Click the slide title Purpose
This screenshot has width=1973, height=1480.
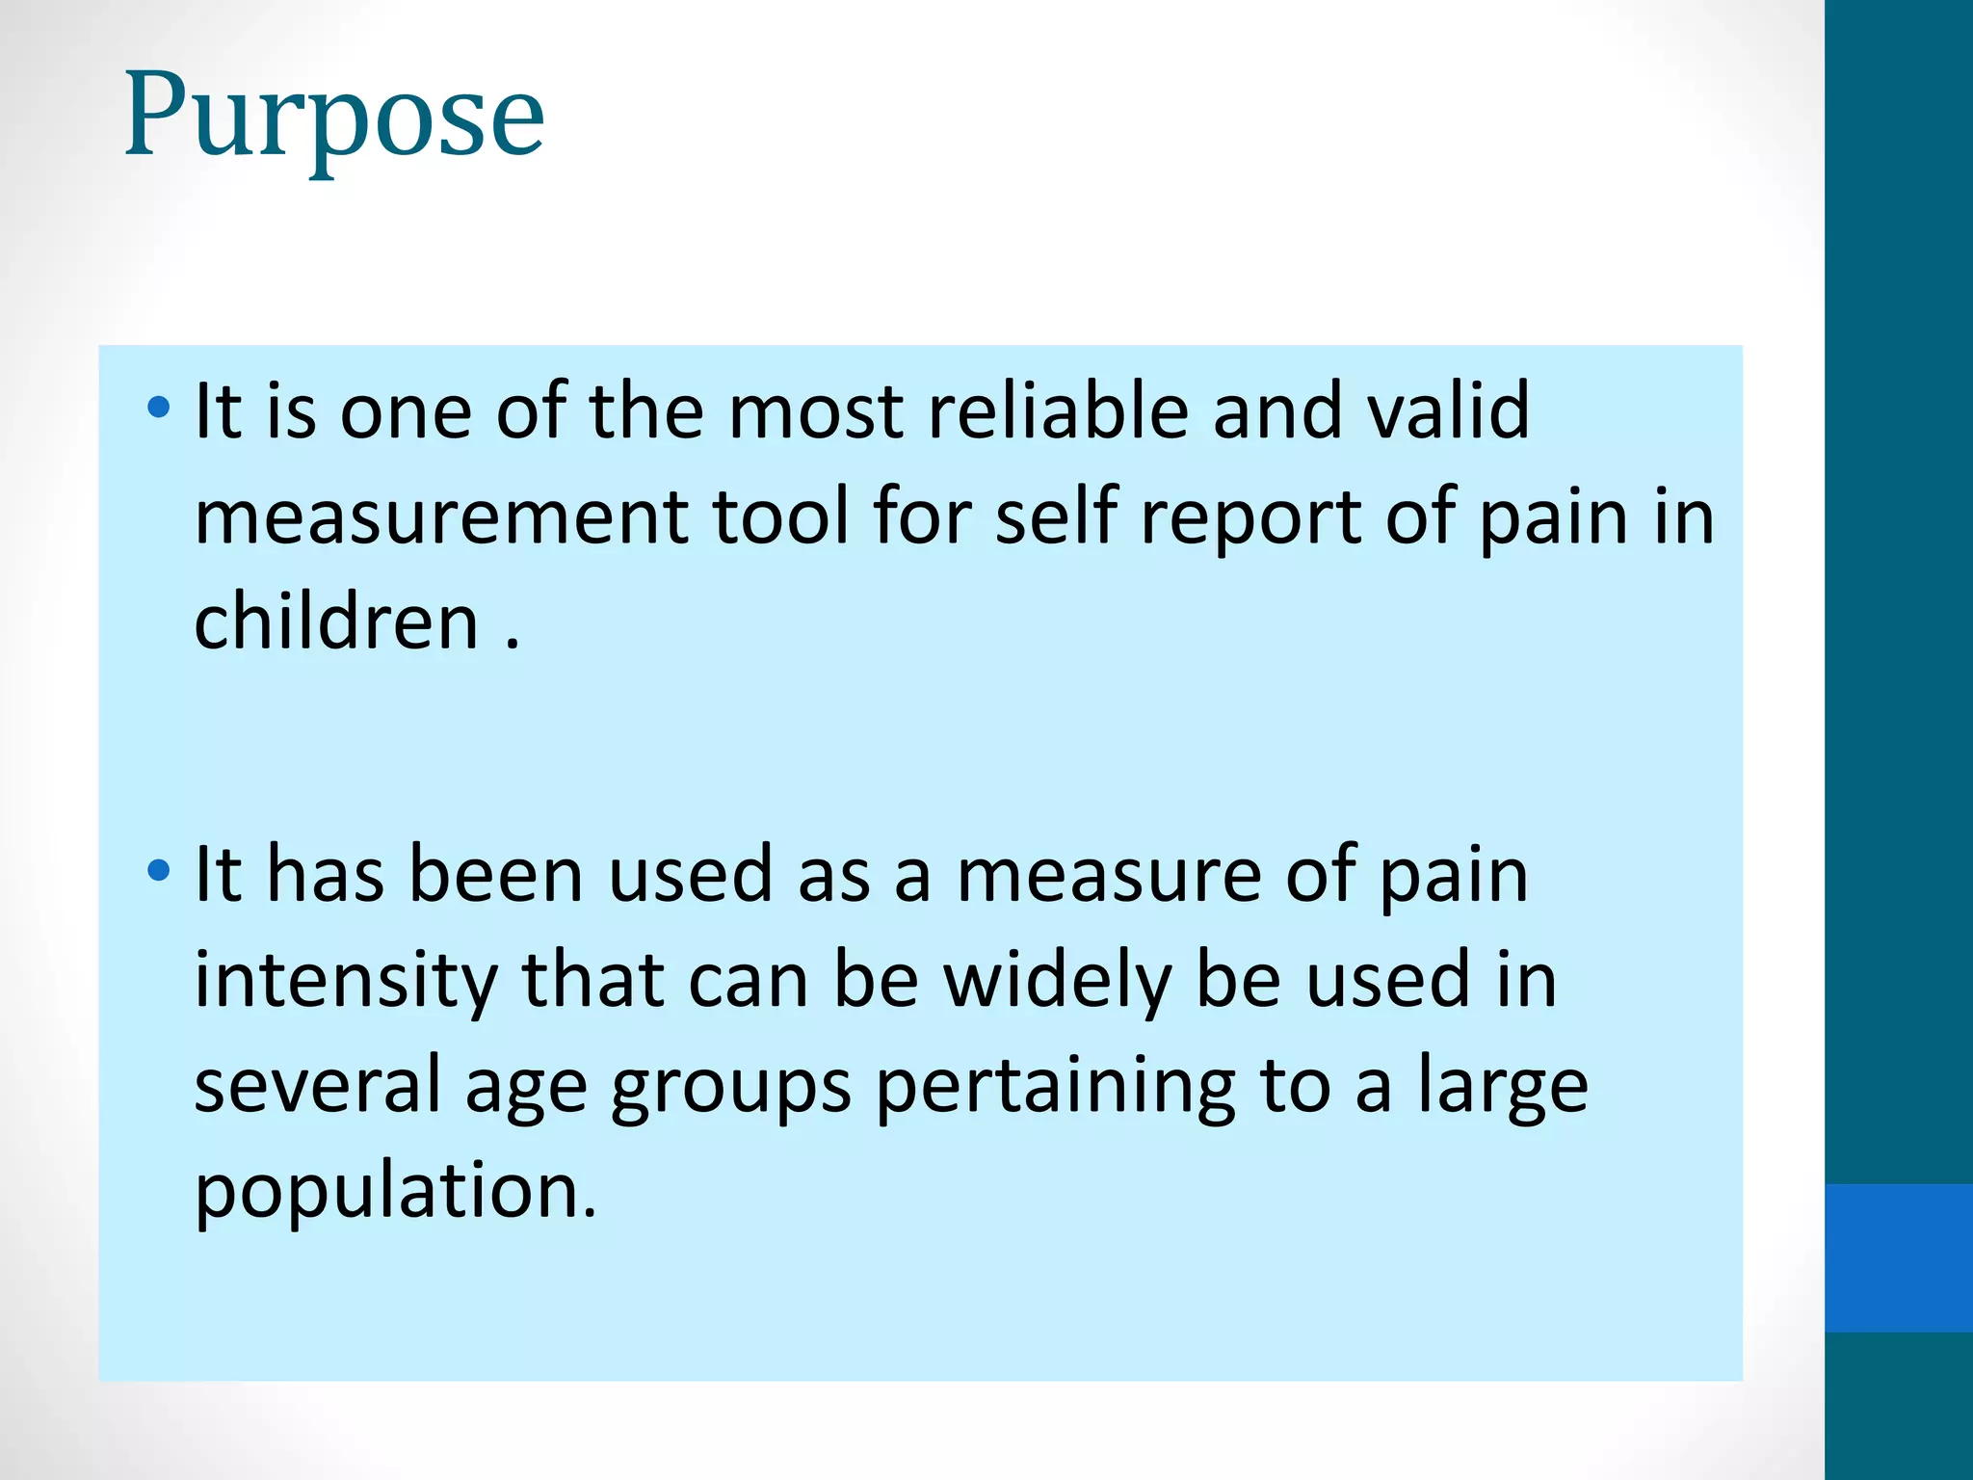click(x=334, y=118)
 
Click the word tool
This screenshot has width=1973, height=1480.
click(x=780, y=517)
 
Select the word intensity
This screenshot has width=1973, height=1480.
click(x=346, y=981)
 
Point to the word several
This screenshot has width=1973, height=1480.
click(x=317, y=1086)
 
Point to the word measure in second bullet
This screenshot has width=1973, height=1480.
click(x=1108, y=876)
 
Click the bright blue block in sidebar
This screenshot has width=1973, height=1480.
click(x=1899, y=1257)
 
